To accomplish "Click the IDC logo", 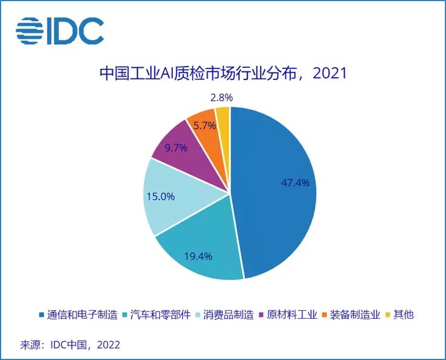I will pyautogui.click(x=60, y=30).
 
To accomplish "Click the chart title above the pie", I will pyautogui.click(x=222, y=74).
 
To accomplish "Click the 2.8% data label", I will pyautogui.click(x=221, y=97).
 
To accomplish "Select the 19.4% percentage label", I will pyautogui.click(x=198, y=256).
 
